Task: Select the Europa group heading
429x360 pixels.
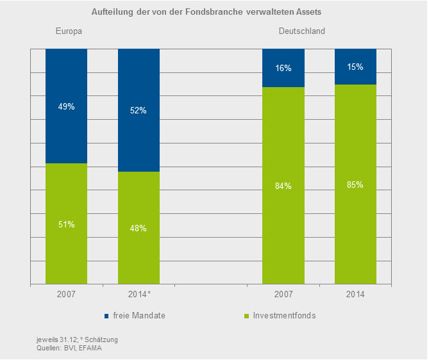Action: [69, 31]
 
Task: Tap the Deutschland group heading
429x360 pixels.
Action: [301, 31]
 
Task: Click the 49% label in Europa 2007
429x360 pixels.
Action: [66, 106]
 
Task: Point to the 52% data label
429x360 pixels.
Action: [139, 110]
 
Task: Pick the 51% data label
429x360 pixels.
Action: [66, 224]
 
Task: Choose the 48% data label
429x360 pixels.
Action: [139, 228]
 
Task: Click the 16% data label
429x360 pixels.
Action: [283, 67]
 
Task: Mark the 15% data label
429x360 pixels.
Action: [356, 67]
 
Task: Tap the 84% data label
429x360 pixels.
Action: [283, 186]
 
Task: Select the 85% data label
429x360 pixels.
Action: [356, 185]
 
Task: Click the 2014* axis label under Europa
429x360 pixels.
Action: [139, 294]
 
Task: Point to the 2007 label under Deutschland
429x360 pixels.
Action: [283, 294]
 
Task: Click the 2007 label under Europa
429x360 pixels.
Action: [66, 294]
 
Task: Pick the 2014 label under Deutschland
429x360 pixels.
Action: [356, 294]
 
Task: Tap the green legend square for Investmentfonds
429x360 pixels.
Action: [246, 316]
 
